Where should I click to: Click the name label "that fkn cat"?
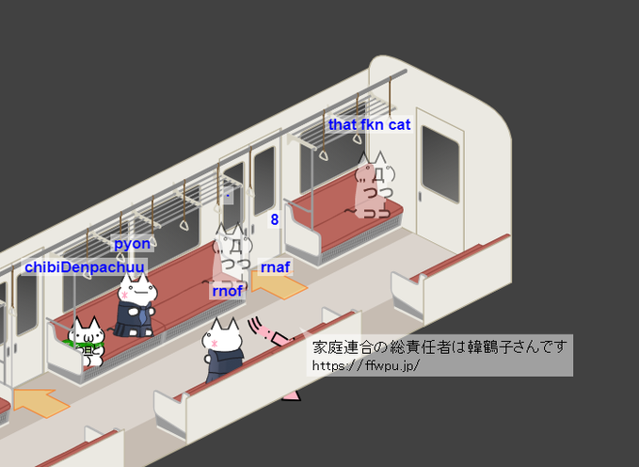click(x=369, y=125)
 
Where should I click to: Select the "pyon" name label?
click(x=132, y=244)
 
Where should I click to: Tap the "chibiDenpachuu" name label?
click(x=85, y=267)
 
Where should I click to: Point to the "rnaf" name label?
click(x=275, y=267)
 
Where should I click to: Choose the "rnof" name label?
click(x=228, y=291)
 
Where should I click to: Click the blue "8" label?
click(x=275, y=220)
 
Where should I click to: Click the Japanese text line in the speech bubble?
click(x=440, y=347)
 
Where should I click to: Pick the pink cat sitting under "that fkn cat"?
click(x=372, y=188)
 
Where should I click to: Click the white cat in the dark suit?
click(x=224, y=349)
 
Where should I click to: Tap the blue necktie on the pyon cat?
click(x=142, y=316)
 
